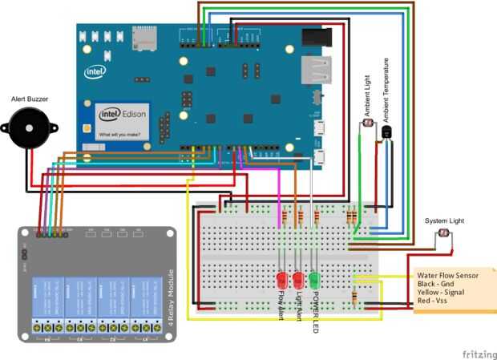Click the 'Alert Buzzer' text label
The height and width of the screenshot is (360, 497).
30,99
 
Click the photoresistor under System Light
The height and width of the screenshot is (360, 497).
442,234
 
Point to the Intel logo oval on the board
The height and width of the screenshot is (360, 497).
95,71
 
